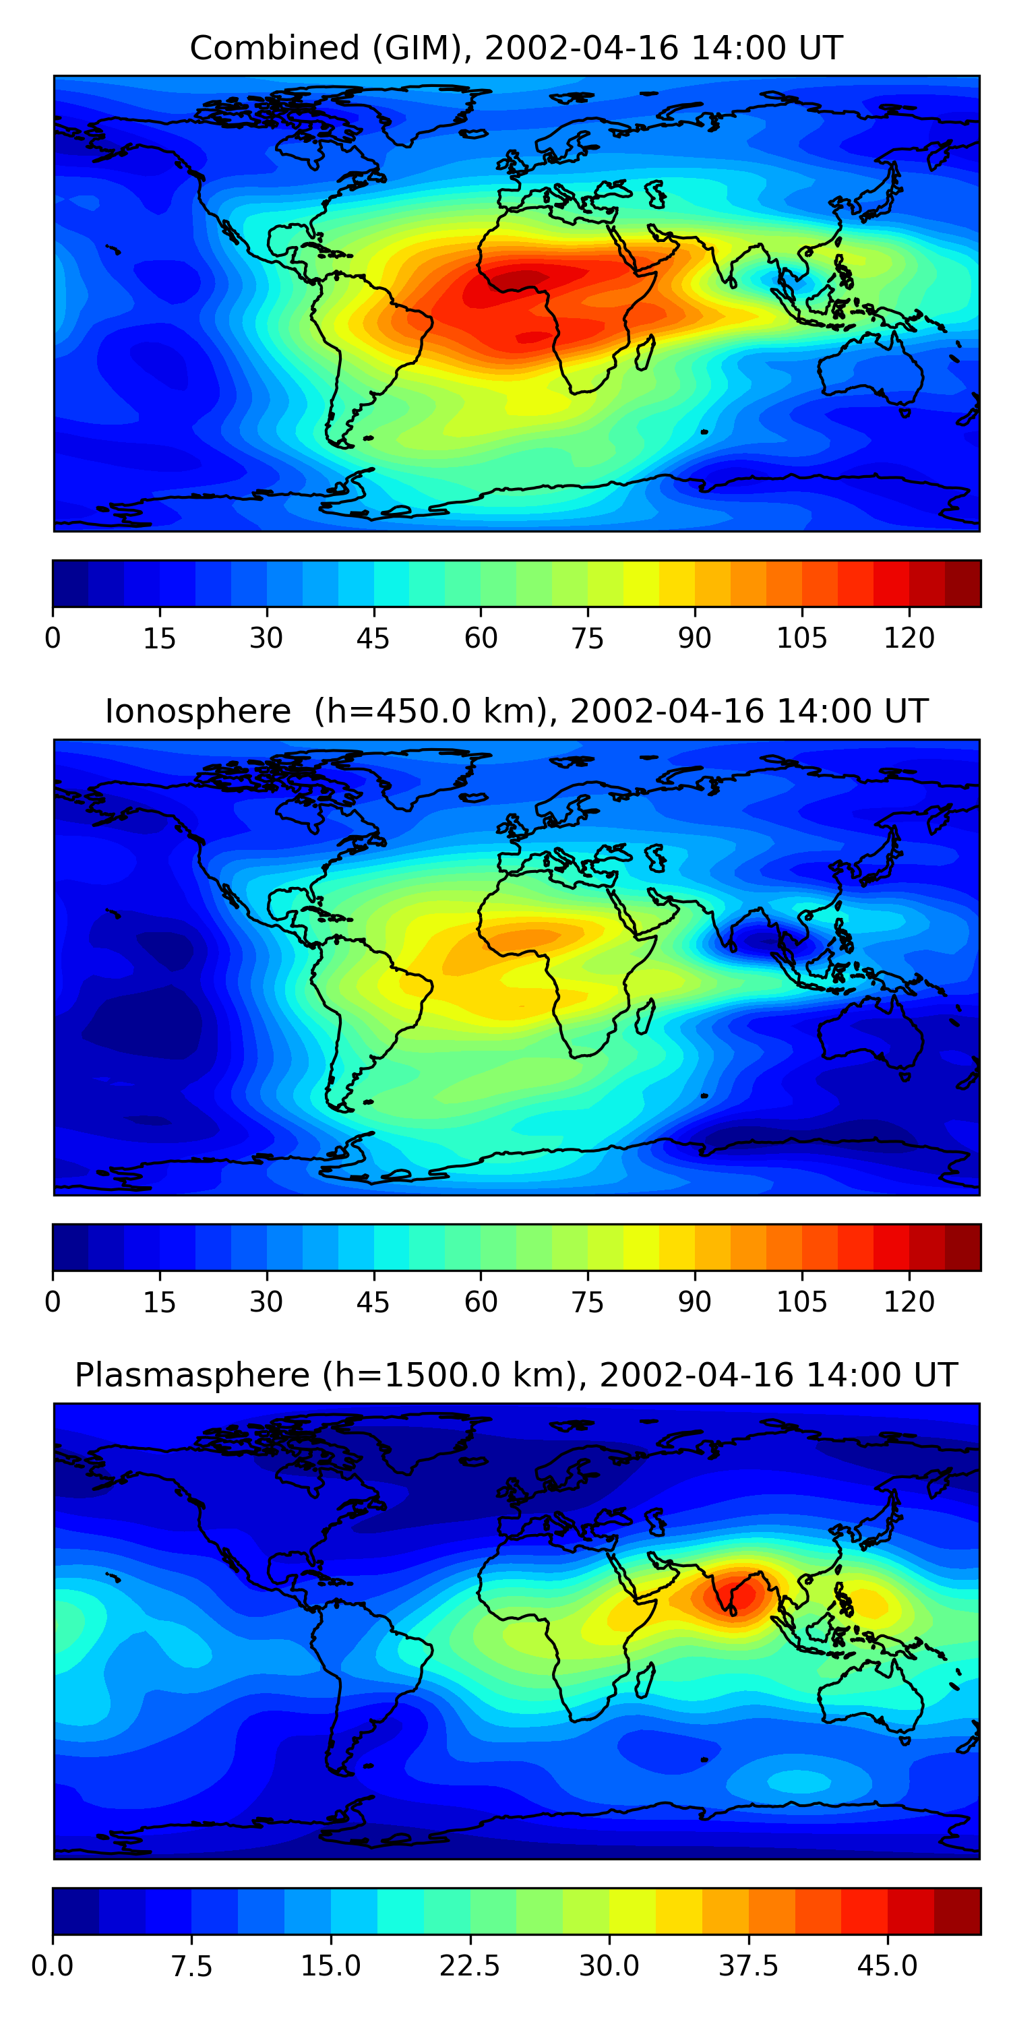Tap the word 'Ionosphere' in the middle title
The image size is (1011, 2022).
click(197, 712)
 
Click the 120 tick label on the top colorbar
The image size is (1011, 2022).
click(909, 638)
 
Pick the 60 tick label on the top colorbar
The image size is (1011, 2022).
click(481, 638)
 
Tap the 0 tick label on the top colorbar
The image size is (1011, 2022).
click(53, 638)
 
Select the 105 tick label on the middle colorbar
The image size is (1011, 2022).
click(801, 1302)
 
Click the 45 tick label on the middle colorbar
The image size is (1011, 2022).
click(373, 1302)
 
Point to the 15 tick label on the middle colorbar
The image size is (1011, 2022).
click(159, 1302)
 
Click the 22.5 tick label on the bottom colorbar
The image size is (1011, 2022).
click(469, 1966)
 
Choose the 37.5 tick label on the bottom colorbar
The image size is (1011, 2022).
click(748, 1966)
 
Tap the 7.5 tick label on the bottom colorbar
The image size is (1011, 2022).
click(191, 1966)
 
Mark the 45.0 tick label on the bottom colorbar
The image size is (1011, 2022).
click(887, 1966)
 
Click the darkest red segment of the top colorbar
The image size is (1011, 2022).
click(962, 583)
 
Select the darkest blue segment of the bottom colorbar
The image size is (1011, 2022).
click(75, 1911)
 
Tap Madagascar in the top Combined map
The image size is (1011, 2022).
click(645, 353)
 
